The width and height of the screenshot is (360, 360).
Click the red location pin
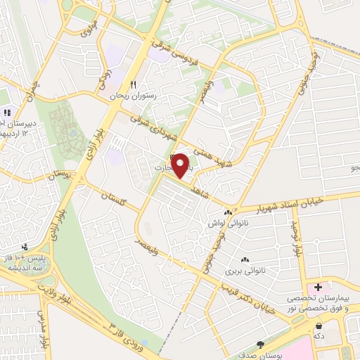click(x=181, y=166)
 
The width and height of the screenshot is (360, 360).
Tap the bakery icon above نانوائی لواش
click(x=227, y=212)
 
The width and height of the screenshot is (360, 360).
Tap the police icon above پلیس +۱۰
click(x=25, y=247)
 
